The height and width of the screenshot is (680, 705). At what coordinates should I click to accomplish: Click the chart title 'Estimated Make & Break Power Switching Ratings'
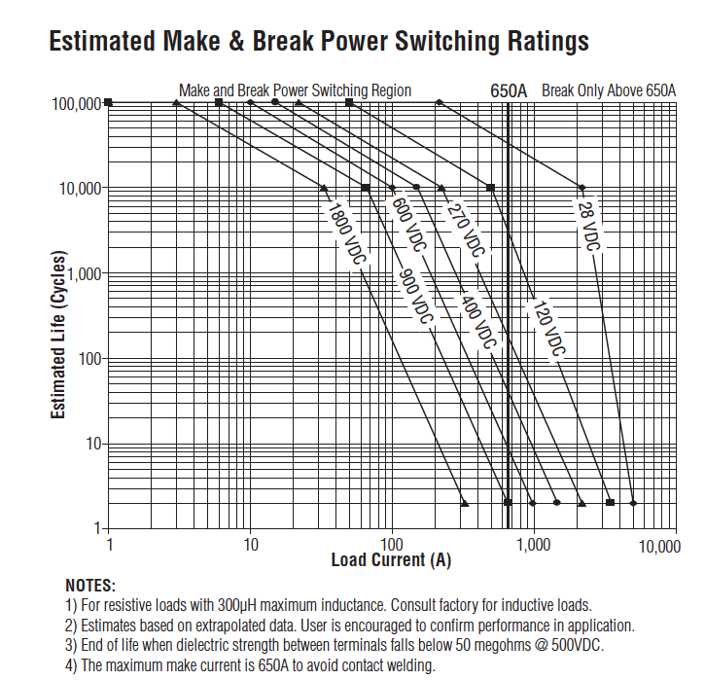(319, 42)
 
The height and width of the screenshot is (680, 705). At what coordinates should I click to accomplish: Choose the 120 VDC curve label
(546, 328)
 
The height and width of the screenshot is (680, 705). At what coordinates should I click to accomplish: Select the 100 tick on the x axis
(392, 545)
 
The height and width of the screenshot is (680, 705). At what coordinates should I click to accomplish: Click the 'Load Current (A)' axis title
(391, 560)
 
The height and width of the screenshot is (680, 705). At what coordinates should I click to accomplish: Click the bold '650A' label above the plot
(509, 90)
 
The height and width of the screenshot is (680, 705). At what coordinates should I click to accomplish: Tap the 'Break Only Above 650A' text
(609, 90)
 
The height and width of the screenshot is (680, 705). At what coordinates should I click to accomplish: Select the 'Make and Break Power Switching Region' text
(295, 90)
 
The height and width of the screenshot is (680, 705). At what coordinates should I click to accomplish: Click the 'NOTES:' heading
(90, 586)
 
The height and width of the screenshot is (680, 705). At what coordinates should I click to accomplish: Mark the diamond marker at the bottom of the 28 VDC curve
(633, 503)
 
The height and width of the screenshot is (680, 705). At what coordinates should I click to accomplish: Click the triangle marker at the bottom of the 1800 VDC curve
(465, 503)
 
